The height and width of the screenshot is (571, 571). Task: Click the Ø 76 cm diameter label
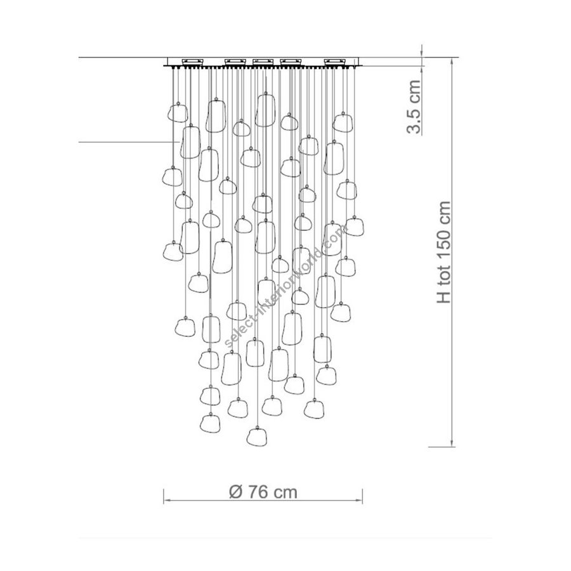point(263,492)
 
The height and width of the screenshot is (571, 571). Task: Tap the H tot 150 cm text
point(443,252)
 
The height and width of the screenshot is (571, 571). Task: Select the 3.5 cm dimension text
point(414,107)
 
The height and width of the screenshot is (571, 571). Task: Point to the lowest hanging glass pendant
point(256,436)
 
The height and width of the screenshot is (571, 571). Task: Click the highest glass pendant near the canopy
point(265,110)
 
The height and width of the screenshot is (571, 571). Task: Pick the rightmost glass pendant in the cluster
point(354,226)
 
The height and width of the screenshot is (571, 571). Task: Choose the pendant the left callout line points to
point(190,142)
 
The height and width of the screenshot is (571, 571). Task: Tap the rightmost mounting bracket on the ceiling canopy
point(335,61)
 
